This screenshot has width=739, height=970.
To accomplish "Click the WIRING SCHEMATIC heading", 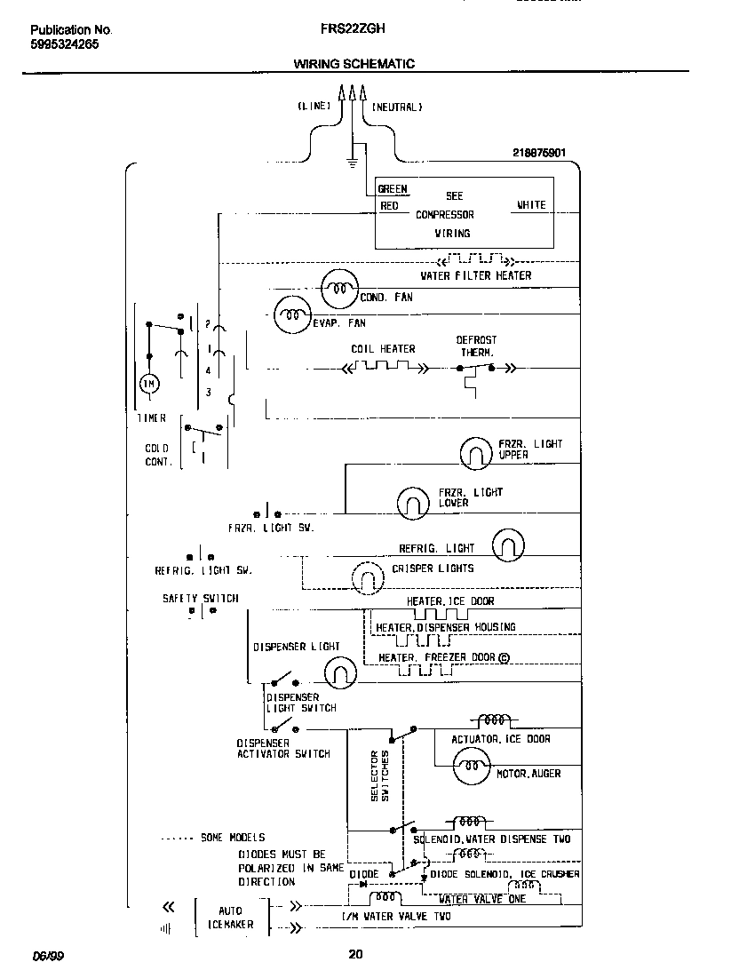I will point(354,64).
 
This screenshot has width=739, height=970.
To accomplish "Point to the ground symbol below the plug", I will point(353,163).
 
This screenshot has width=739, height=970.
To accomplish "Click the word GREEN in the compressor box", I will point(393,189).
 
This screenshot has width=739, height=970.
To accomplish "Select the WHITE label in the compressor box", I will point(531,205).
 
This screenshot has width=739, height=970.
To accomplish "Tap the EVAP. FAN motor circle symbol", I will point(290,314).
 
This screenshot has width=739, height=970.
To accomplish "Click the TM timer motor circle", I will point(147,384).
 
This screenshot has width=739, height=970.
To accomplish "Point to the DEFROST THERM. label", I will point(477,346).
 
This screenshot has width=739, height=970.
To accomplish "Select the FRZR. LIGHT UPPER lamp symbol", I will point(476,454).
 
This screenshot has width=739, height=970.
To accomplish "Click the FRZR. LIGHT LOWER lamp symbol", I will point(413,504).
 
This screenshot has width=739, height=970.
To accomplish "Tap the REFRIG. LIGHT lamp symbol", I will point(508,546).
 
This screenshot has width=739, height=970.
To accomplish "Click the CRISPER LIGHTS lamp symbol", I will point(367,580).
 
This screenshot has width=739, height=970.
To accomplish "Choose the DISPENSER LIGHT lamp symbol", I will point(338,673).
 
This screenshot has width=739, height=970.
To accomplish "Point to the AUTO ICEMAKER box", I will point(230,918).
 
